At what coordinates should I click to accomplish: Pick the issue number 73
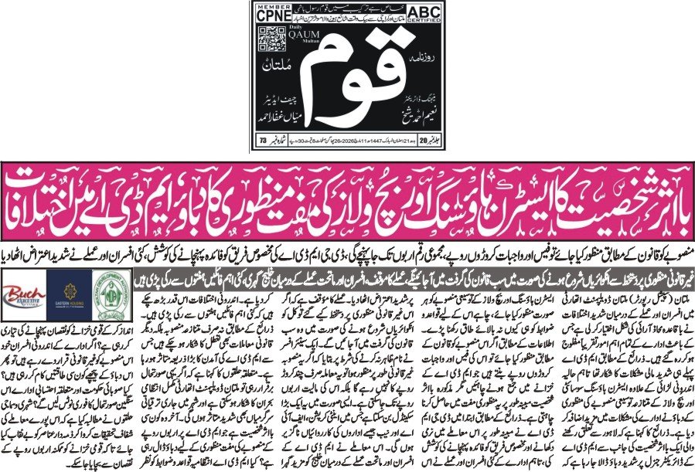pyautogui.click(x=265, y=140)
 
